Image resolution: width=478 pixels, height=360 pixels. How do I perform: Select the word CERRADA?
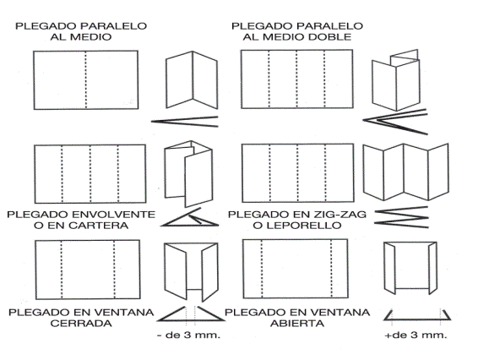pos(79,325)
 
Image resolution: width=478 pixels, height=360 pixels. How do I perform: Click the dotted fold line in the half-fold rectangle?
pos(87,80)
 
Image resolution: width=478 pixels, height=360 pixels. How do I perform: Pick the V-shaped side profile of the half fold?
pos(186,117)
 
